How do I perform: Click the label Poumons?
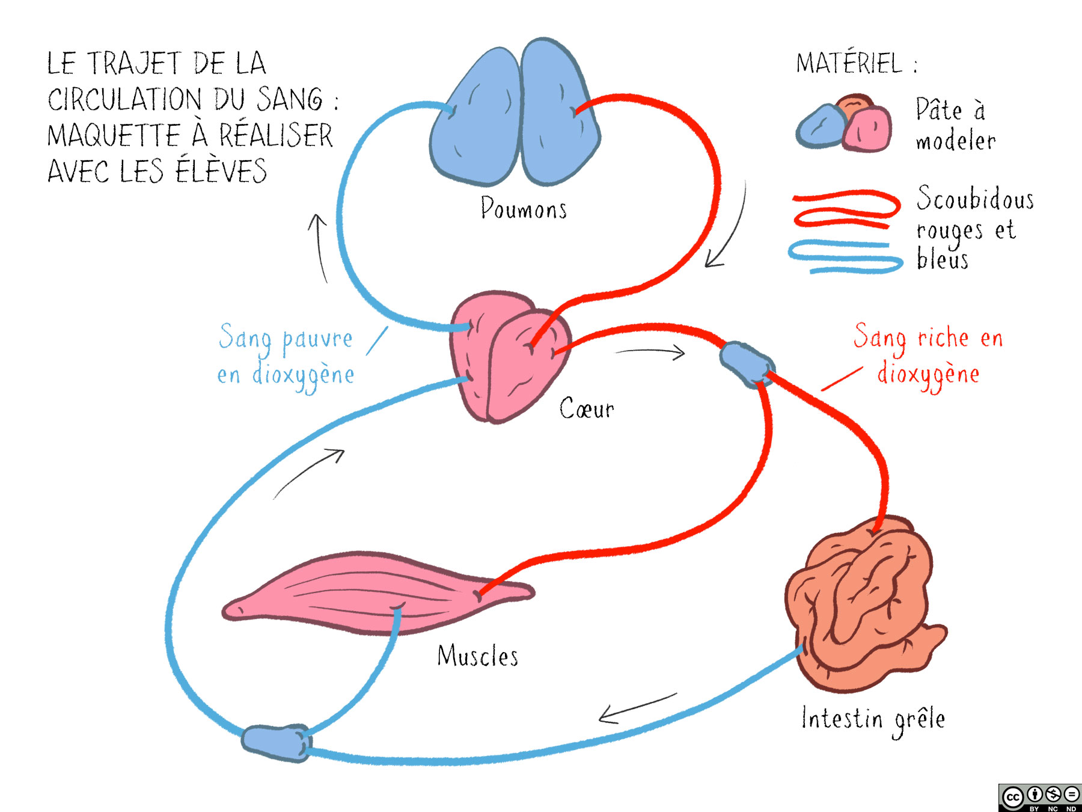point(523,209)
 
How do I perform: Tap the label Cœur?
point(586,409)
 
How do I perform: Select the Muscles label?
point(477,656)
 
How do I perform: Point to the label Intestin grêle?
point(873,719)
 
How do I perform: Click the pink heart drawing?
point(508,358)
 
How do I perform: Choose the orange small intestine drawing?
point(863,604)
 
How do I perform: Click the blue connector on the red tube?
point(747,363)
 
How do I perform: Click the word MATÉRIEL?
point(849,64)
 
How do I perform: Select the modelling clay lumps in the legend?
point(845,125)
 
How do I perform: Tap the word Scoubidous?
point(974,198)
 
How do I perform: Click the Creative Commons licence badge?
point(1039,798)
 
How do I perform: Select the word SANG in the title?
point(290,99)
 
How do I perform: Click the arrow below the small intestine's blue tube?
point(637,709)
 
